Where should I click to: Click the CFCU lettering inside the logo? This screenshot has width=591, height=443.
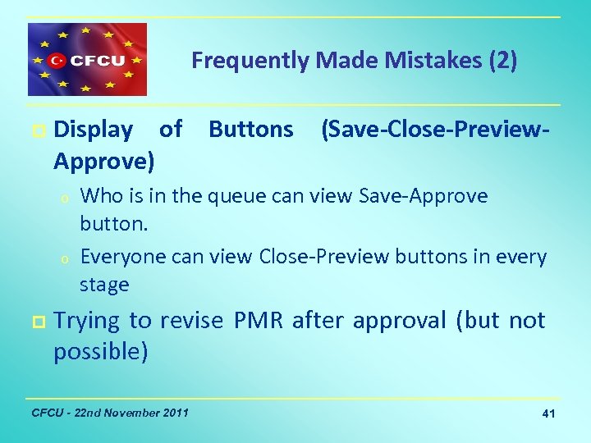pos(96,60)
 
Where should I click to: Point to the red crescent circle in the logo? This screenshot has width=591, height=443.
pos(57,60)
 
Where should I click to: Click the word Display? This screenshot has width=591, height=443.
pos(93,130)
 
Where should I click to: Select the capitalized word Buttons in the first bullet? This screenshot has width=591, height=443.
pos(250,130)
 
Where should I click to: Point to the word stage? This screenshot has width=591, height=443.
pos(104,285)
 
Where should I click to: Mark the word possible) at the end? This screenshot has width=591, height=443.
pos(101,351)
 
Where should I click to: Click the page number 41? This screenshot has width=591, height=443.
pos(548,413)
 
